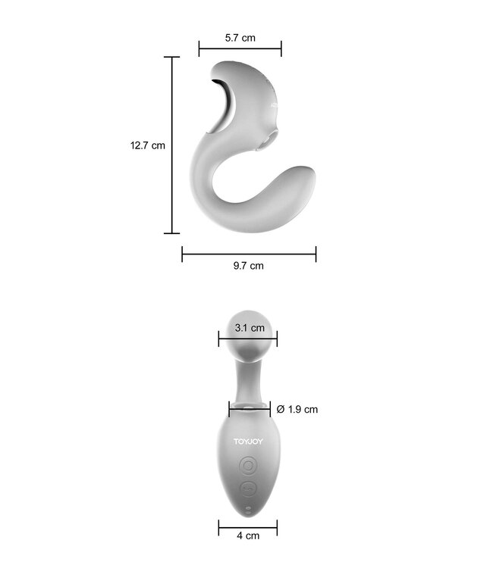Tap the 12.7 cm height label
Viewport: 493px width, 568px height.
(x=147, y=145)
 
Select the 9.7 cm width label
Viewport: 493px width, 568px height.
(x=249, y=265)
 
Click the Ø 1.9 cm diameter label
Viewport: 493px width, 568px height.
(x=297, y=409)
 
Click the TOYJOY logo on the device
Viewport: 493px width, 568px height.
(x=248, y=439)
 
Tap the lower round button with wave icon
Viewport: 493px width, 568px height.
(x=248, y=489)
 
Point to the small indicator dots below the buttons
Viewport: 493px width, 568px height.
(x=248, y=507)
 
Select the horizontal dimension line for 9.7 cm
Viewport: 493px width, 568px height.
(x=249, y=254)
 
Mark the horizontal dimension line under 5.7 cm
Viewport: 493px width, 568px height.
(x=240, y=48)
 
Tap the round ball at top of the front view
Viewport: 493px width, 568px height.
(x=248, y=326)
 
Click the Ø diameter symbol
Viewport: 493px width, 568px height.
(x=280, y=409)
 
